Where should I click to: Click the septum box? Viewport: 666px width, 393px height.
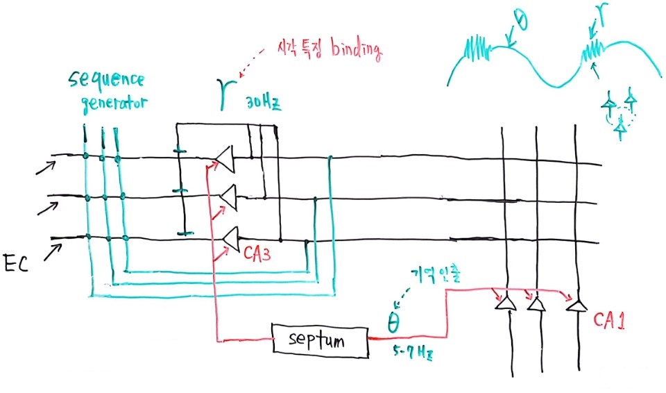[x=318, y=341]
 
